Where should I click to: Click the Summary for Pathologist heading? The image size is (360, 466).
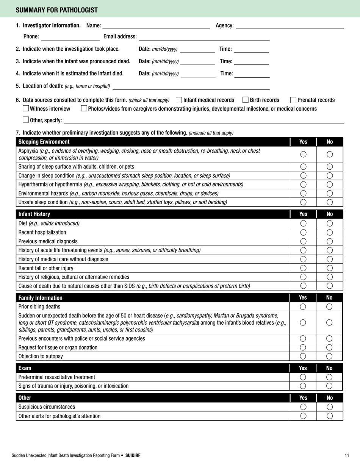click(x=56, y=10)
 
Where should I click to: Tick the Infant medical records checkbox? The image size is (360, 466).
click(x=179, y=100)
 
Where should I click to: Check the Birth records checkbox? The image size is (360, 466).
click(x=245, y=100)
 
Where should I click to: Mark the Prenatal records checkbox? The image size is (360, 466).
click(x=293, y=100)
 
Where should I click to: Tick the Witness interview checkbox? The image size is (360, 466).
click(x=26, y=109)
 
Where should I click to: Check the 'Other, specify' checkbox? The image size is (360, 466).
click(x=26, y=120)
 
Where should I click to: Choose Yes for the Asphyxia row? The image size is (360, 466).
click(x=303, y=154)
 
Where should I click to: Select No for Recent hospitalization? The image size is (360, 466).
click(x=330, y=232)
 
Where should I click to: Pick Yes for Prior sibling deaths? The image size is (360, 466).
click(x=303, y=306)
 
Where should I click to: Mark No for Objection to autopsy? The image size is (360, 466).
click(x=330, y=356)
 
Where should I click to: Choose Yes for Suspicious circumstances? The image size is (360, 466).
click(x=303, y=407)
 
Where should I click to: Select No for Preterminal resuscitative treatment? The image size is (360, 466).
click(x=330, y=377)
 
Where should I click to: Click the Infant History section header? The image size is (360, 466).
click(x=34, y=214)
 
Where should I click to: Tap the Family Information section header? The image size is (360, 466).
click(x=41, y=298)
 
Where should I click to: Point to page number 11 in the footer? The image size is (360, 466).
click(x=347, y=455)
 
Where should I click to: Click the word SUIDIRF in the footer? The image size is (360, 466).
click(x=133, y=455)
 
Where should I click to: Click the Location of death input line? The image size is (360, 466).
click(x=191, y=87)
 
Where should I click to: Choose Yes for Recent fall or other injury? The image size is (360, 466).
click(x=303, y=268)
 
